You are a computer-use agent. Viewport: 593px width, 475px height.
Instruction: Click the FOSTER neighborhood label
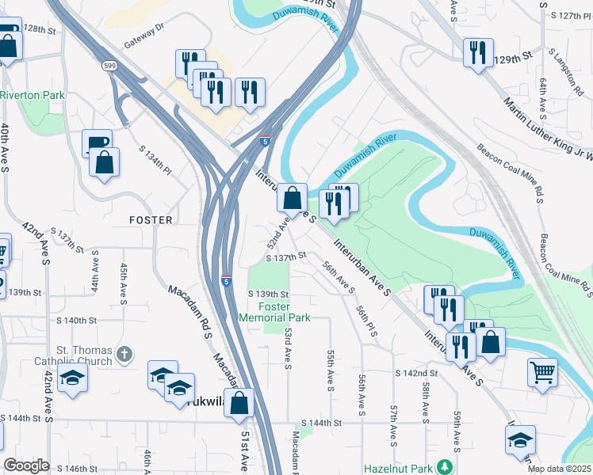tap(151, 219)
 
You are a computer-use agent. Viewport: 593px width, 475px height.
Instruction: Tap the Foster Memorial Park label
tap(274, 312)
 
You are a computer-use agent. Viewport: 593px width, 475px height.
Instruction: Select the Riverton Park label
tap(32, 95)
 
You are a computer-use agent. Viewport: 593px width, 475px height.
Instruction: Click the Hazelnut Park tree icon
tap(446, 466)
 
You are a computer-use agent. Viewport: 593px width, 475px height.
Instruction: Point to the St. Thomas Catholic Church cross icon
tap(124, 354)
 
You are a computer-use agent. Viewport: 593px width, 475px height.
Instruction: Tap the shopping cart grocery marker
tap(542, 371)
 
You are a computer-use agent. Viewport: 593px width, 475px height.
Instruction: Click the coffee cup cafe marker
tap(97, 143)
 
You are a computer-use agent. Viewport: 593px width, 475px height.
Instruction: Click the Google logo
tap(26, 465)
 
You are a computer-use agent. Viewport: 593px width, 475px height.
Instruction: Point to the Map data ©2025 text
tap(560, 469)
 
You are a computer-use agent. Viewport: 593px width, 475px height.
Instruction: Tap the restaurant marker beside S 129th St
tap(476, 53)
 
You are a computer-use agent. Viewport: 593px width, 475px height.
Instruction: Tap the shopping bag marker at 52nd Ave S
tap(293, 198)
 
